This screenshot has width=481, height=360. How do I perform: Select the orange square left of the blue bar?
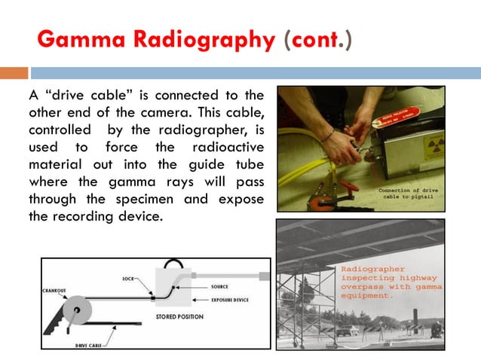[14, 73]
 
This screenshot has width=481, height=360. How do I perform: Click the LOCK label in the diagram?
[128, 279]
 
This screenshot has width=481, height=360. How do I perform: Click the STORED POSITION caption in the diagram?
[179, 317]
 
